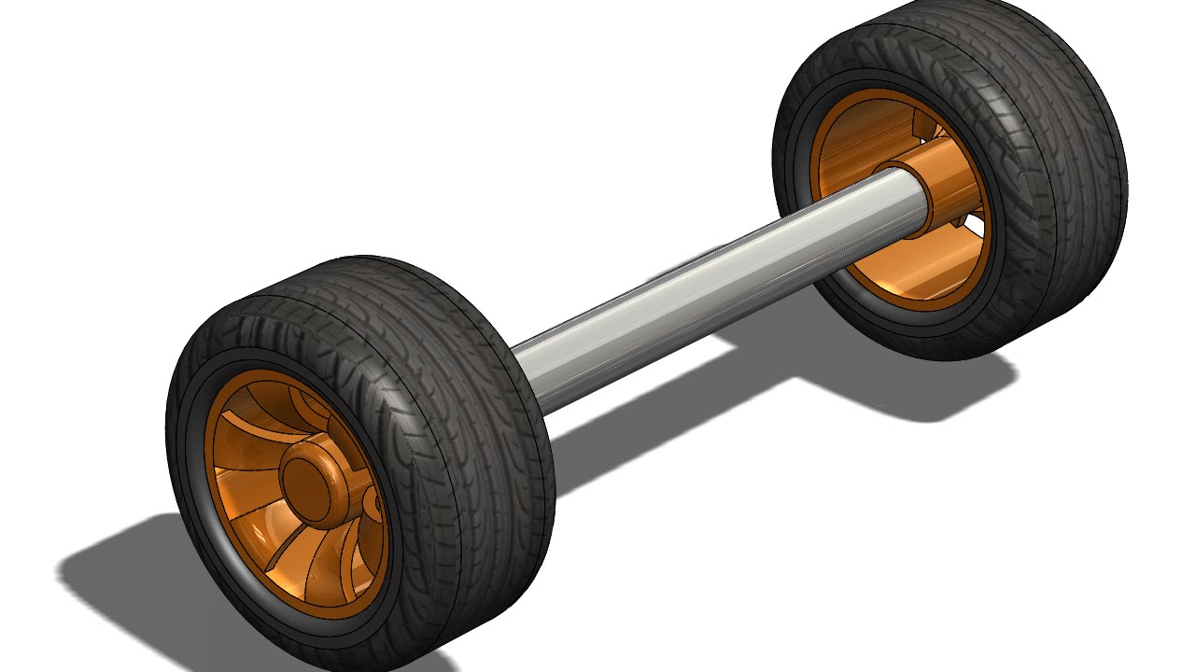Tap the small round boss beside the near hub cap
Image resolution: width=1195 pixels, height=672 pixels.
click(373, 504)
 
